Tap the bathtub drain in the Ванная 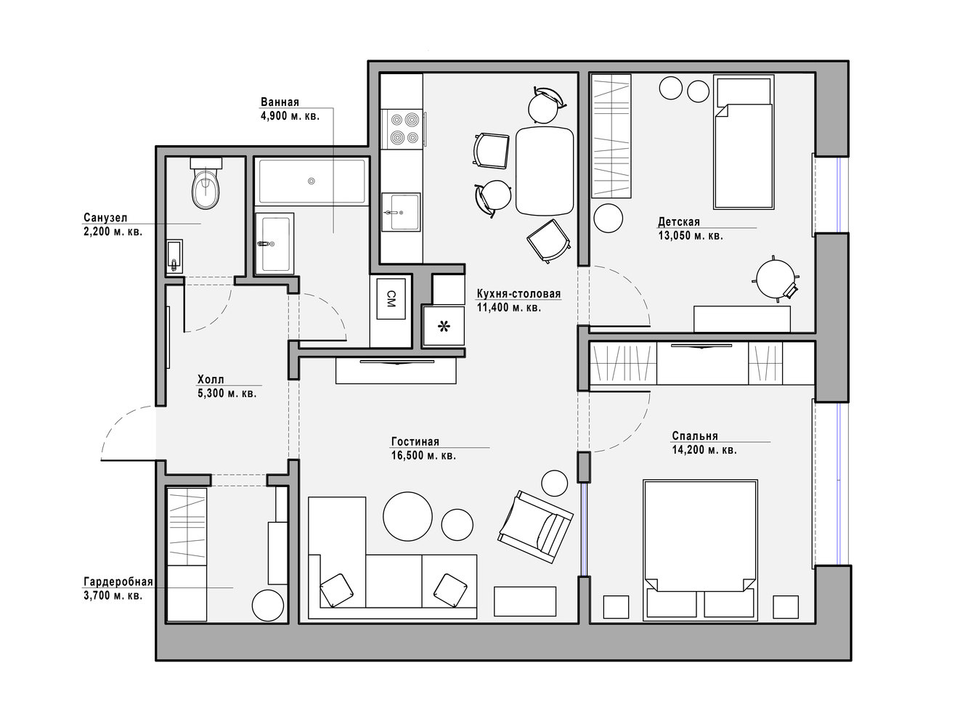[312, 181]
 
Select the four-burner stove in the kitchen [403, 129]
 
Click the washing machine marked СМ [391, 298]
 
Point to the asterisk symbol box [444, 326]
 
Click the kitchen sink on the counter [401, 212]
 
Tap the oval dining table [545, 171]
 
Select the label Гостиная [415, 441]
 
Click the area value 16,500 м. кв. [423, 456]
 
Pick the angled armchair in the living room [536, 526]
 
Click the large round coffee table [407, 517]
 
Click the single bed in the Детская [744, 142]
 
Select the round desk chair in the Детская [775, 279]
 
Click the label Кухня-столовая [518, 293]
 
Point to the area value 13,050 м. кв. [691, 236]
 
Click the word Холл [211, 379]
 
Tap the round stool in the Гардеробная [268, 605]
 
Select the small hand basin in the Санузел [174, 256]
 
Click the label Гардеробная [118, 582]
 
